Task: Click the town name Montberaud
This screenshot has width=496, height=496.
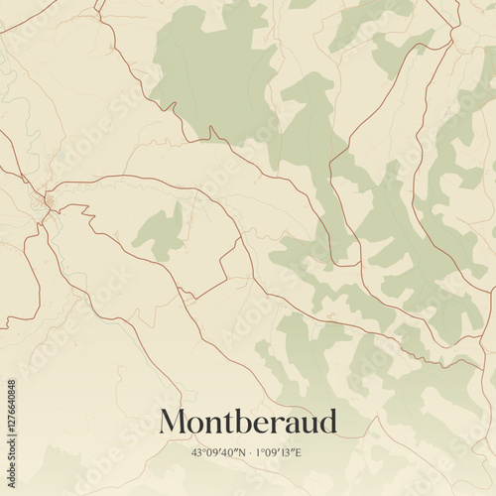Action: [248, 422]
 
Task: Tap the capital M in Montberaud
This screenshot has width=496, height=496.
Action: [175, 422]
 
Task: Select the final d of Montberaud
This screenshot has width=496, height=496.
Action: [327, 421]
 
